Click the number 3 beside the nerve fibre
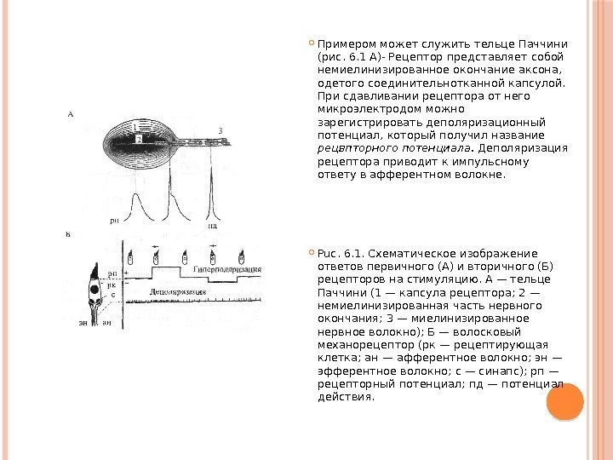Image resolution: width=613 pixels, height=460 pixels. coord(220,129)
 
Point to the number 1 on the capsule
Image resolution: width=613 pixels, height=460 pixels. coord(135,126)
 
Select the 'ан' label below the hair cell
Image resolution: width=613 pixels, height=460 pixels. coord(106,323)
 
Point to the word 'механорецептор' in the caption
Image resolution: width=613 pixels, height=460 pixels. coord(358,346)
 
